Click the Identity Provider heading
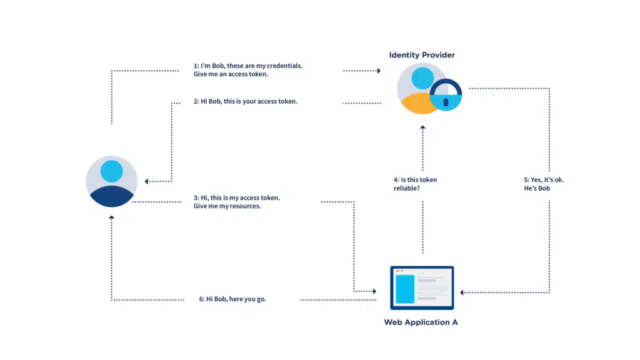[422, 55]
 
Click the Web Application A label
[421, 322]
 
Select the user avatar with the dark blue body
[111, 182]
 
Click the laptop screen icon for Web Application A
[422, 288]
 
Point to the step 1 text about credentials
[247, 69]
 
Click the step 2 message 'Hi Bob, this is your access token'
[246, 101]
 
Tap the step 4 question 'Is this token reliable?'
[415, 184]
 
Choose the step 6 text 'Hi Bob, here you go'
[232, 299]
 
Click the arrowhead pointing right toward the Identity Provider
[378, 71]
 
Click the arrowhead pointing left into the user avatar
[147, 182]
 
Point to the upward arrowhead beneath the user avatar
[111, 217]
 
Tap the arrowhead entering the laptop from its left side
[374, 292]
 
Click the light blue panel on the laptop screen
[404, 289]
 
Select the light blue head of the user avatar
[111, 171]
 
